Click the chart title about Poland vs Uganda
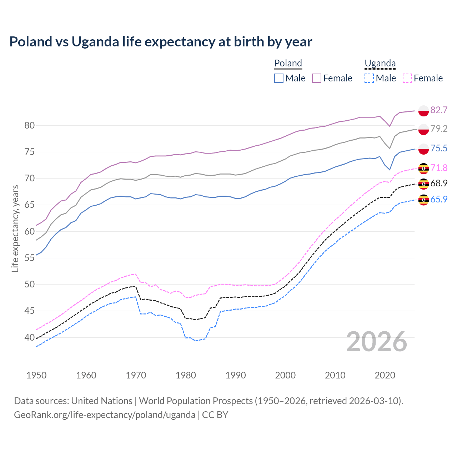[161, 42]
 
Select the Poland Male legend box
[279, 78]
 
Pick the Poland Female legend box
[317, 78]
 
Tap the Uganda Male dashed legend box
[369, 78]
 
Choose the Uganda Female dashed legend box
[407, 78]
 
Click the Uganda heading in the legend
[380, 64]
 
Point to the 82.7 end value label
[439, 110]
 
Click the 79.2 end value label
[439, 129]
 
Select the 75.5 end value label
[439, 148]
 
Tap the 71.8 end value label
[439, 168]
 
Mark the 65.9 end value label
[439, 199]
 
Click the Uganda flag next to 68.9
[423, 184]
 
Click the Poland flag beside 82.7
[423, 110]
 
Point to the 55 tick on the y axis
[30, 258]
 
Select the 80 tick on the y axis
[30, 125]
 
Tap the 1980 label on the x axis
[186, 375]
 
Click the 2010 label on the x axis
[335, 375]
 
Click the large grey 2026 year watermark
[377, 342]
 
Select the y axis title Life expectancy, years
[15, 228]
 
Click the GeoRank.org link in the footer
[105, 415]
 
